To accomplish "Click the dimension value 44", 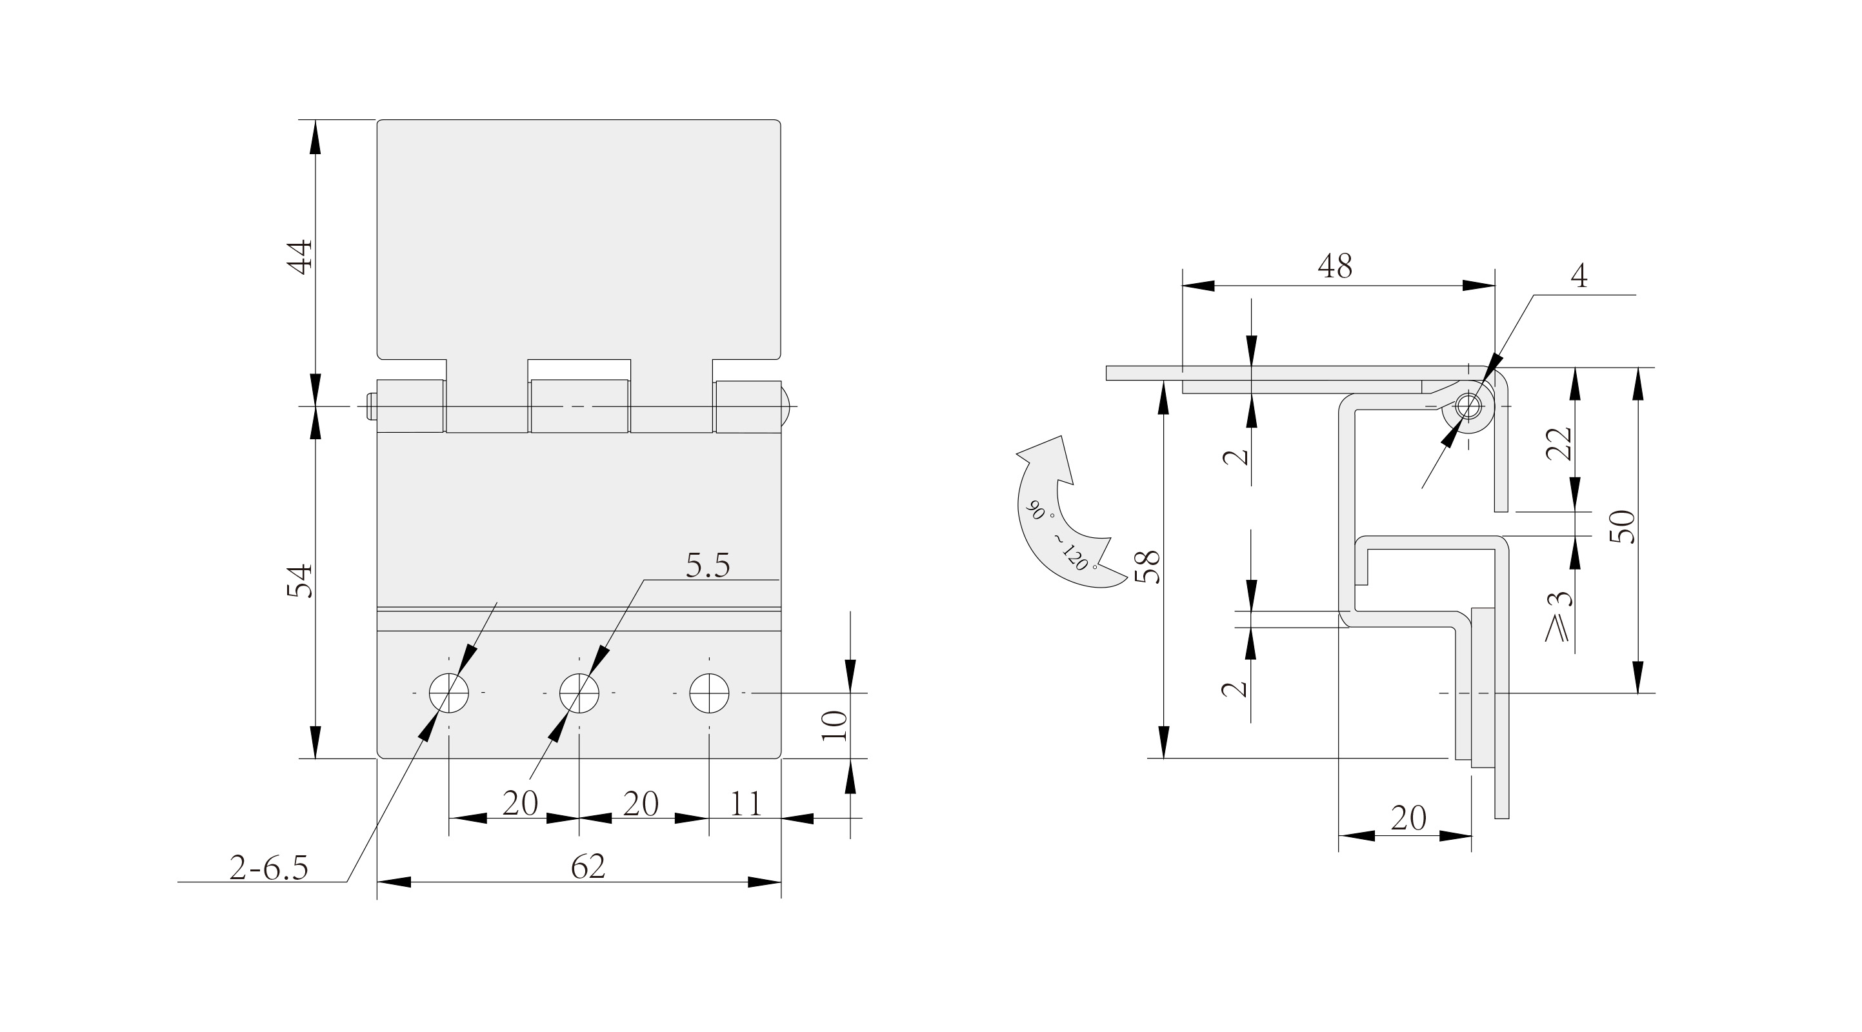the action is coord(300,257).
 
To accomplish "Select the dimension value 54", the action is coord(300,580).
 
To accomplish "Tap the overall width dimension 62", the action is coord(588,866).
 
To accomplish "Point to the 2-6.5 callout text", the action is coord(269,868).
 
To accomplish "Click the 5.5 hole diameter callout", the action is coord(708,566).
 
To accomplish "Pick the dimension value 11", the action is coord(745,804).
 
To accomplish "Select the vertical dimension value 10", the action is coord(835,725).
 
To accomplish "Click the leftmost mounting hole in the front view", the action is coord(449,693).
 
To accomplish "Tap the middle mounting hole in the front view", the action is coord(579,693).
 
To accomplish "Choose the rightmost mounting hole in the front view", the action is coord(709,693).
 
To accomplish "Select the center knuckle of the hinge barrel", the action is coord(579,406).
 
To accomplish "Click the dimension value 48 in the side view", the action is coord(1334,266).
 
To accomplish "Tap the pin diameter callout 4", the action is coord(1579,276).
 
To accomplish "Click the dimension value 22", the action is coord(1559,444).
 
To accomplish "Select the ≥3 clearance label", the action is coord(1557,617).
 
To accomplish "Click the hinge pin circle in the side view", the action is coord(1468,406).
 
